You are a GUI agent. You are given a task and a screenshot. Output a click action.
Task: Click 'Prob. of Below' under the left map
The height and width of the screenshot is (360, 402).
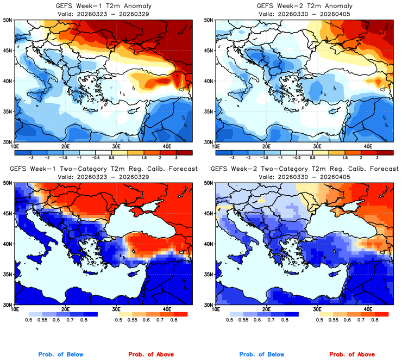tap(61, 355)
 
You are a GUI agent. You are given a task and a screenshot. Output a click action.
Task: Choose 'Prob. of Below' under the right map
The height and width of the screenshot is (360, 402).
tap(262, 355)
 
